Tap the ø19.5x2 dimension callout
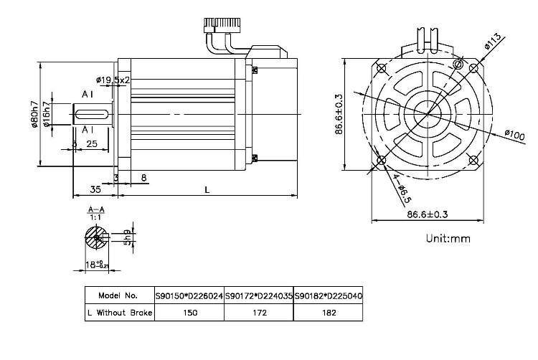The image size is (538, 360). coord(112,80)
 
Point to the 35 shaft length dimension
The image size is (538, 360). coord(94,189)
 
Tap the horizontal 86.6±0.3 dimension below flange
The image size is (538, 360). coord(428,214)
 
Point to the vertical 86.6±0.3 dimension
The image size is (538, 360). coord(339,113)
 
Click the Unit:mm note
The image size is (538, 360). coord(447,239)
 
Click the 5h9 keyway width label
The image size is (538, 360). coord(126,236)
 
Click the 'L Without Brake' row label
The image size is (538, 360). coord(118,313)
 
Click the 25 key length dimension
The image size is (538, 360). coord(92,144)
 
